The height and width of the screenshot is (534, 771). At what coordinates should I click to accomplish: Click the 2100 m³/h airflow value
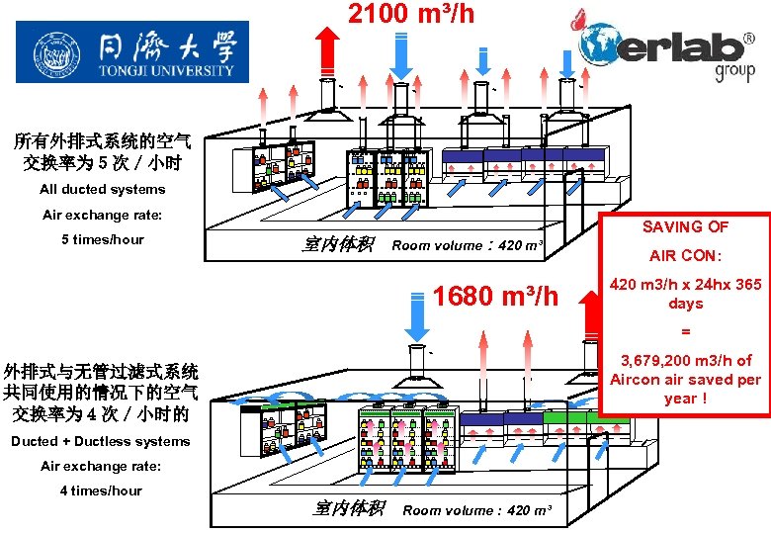pyautogui.click(x=410, y=14)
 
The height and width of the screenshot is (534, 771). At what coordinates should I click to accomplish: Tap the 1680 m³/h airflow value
pyautogui.click(x=496, y=296)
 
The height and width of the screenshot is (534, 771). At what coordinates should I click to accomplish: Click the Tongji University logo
pyautogui.click(x=133, y=52)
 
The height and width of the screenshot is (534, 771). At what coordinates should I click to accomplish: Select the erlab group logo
pyautogui.click(x=668, y=47)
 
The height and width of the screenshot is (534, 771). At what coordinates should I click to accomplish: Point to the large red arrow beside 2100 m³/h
pyautogui.click(x=326, y=47)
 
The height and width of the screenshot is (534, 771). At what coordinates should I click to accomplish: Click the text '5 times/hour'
pyautogui.click(x=102, y=239)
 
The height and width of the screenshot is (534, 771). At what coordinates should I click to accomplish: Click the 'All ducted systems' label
pyautogui.click(x=102, y=189)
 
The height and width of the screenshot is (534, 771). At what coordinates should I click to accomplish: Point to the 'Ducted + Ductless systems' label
pyautogui.click(x=100, y=441)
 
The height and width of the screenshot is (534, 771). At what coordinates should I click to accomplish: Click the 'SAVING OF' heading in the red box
pyautogui.click(x=685, y=226)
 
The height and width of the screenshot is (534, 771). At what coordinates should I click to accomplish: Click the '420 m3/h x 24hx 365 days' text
pyautogui.click(x=685, y=294)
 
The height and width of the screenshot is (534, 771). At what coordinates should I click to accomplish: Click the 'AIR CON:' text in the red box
pyautogui.click(x=685, y=256)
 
